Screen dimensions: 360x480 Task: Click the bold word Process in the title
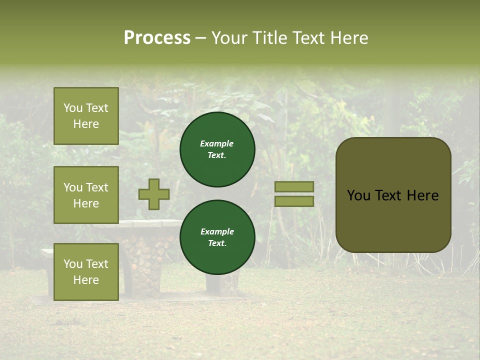point(157,38)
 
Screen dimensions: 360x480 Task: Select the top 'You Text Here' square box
point(86,116)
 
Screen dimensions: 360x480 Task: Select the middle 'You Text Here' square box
point(86,195)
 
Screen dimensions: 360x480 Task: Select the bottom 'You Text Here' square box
point(86,272)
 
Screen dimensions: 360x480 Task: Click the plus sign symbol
point(154,194)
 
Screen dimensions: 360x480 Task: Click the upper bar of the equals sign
point(294,186)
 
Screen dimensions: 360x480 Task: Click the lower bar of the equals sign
point(294,201)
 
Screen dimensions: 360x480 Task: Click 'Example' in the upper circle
point(217,143)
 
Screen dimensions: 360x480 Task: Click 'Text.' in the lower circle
point(217,243)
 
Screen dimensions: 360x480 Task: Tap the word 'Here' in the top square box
point(86,124)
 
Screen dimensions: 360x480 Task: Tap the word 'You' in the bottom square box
point(73,264)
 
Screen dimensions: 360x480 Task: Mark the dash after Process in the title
point(201,38)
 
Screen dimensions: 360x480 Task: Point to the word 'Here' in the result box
point(422,195)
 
